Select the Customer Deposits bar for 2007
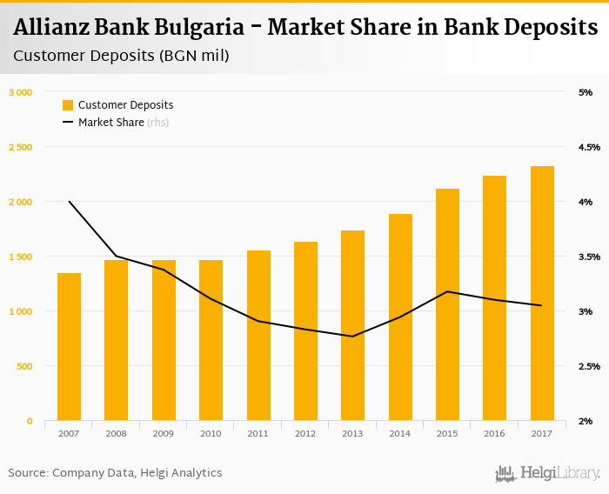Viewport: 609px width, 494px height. pos(70,347)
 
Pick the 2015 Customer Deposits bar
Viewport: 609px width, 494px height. pos(447,304)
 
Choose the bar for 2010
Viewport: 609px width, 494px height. pos(211,340)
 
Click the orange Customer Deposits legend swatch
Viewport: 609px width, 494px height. pos(68,105)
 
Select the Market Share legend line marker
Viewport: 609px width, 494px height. pos(68,123)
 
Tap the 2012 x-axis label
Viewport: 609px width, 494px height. pos(305,433)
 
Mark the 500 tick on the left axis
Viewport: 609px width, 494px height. pos(23,366)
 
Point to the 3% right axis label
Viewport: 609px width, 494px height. pos(585,311)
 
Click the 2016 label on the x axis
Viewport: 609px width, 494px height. pos(494,433)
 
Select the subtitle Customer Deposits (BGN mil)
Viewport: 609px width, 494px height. pos(121,57)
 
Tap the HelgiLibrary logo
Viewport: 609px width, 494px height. pos(547,474)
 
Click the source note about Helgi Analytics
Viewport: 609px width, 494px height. pos(115,473)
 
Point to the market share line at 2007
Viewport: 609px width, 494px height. pos(70,202)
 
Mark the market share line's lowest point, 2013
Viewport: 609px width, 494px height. pos(352,337)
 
